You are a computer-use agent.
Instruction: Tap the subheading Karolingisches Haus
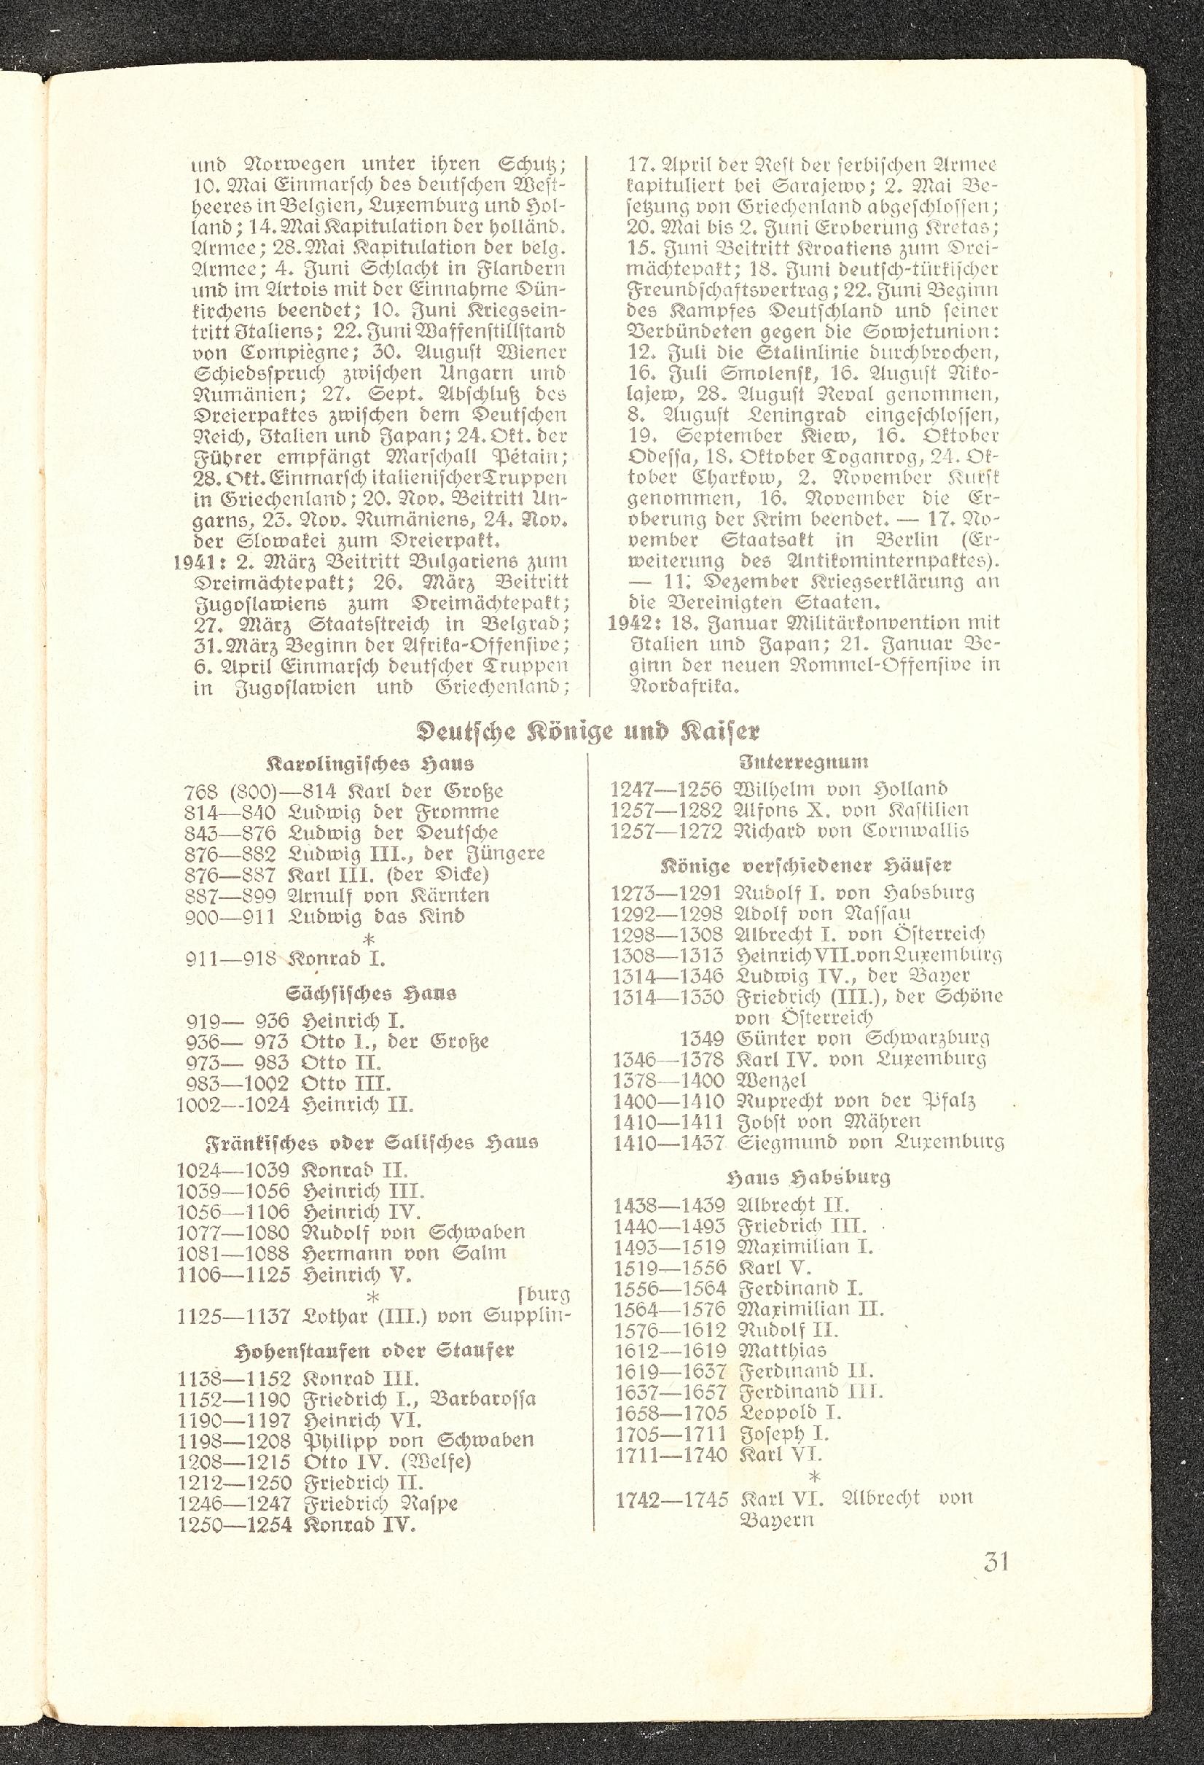click(x=371, y=763)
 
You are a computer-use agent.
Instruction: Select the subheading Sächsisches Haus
click(x=371, y=994)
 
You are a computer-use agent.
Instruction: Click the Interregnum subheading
click(x=804, y=761)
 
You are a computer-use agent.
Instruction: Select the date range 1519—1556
click(x=671, y=1268)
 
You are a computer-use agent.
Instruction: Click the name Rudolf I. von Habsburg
click(x=854, y=892)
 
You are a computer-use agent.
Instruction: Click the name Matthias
click(x=781, y=1350)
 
